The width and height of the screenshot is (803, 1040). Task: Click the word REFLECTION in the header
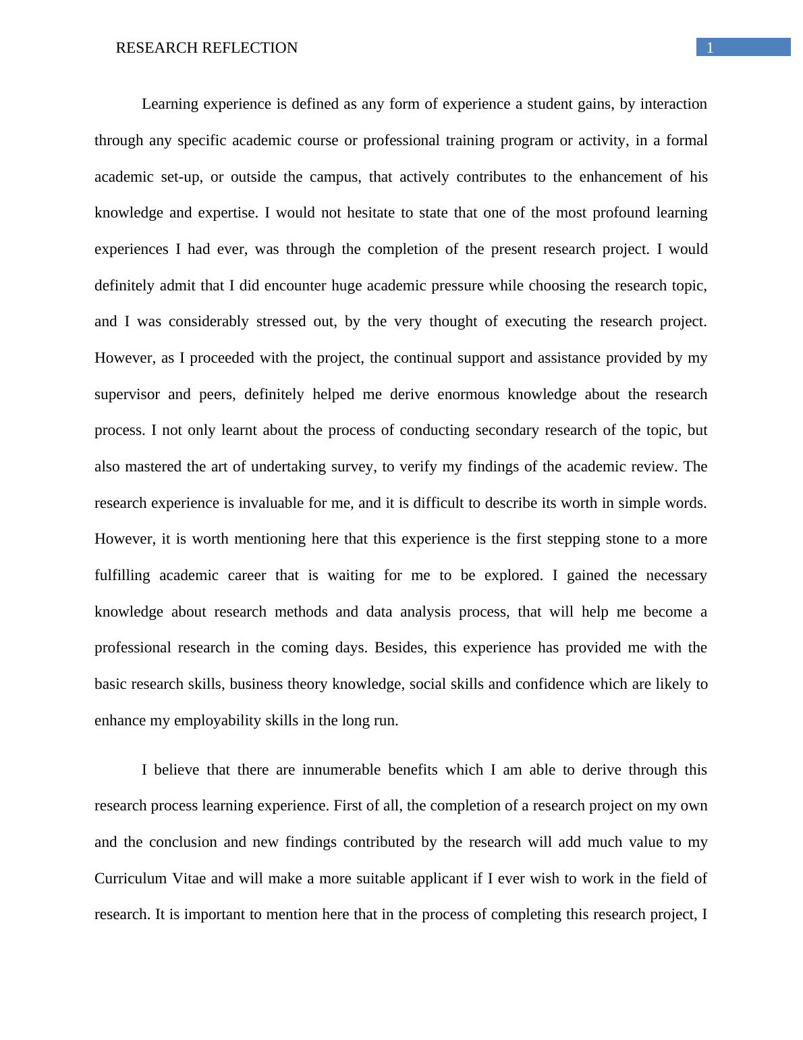coord(254,48)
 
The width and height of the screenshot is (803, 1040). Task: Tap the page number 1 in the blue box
coord(710,47)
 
